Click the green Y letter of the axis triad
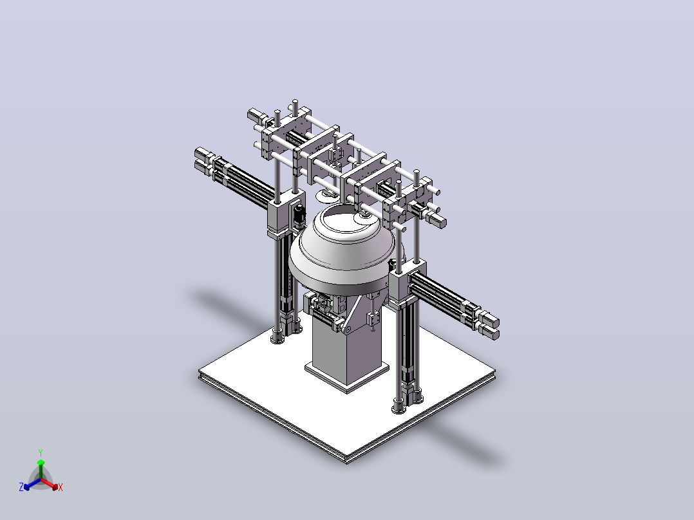click(x=41, y=452)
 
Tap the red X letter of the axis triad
click(x=61, y=487)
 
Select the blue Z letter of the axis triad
click(x=21, y=487)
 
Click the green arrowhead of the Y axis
click(x=41, y=463)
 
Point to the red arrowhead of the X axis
click(x=55, y=487)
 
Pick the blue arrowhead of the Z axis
click(x=27, y=487)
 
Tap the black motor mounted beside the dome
click(x=299, y=215)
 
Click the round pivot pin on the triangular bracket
click(x=348, y=330)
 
